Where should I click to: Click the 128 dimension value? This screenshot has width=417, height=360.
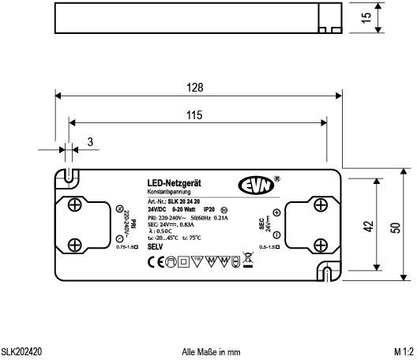coord(196,87)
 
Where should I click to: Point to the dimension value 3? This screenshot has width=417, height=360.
coord(90,142)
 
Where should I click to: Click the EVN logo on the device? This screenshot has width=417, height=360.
coord(254,186)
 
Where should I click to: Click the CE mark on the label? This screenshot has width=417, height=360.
coord(155,260)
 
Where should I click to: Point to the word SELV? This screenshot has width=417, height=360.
coord(156,247)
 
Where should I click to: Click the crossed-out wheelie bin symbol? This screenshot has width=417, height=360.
coord(248,260)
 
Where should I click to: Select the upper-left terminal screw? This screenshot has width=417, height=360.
coord(73,205)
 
